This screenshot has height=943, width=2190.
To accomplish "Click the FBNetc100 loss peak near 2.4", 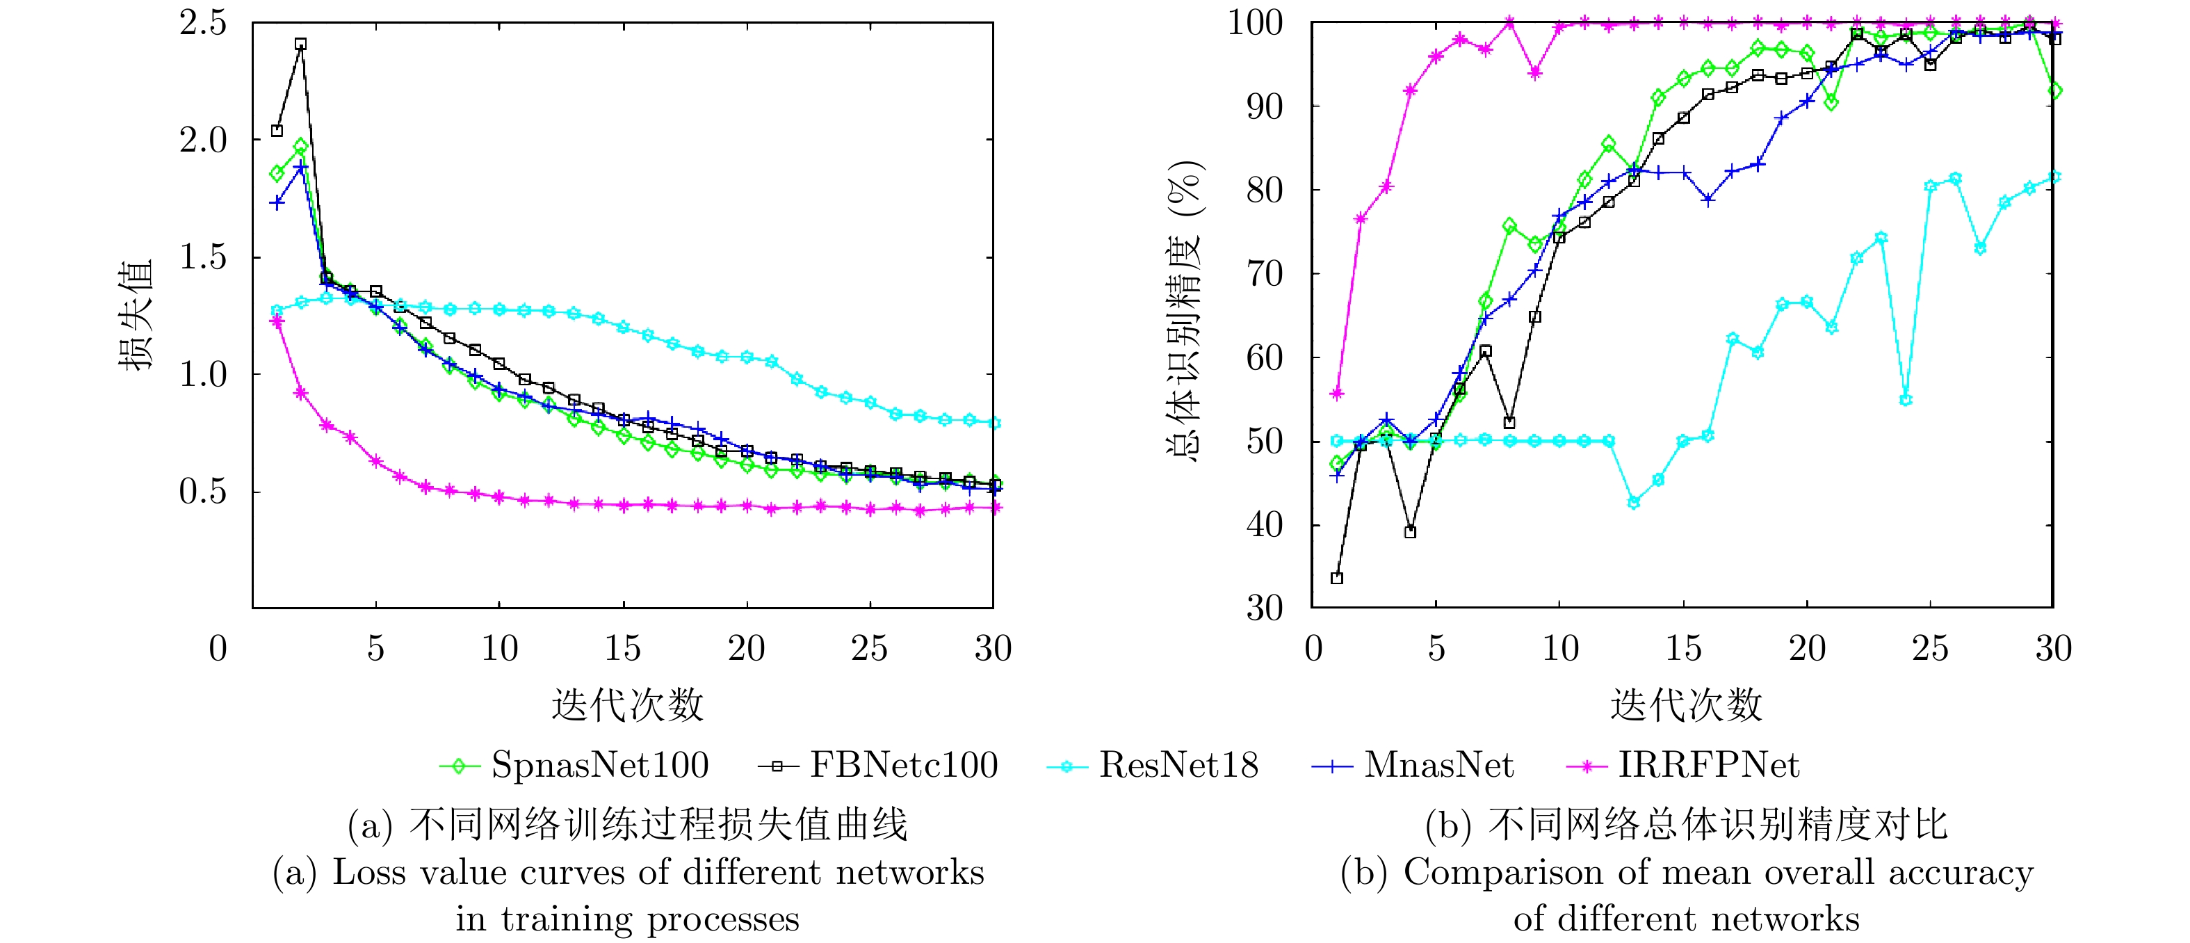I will (300, 45).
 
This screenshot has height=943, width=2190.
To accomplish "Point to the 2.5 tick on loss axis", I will (202, 23).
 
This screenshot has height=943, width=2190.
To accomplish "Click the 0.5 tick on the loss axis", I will (202, 492).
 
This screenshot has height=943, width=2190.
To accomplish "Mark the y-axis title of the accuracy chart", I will (1184, 310).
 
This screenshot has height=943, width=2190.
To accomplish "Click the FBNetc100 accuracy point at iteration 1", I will (1336, 578).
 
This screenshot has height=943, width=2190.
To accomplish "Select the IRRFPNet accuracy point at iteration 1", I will (1336, 394).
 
